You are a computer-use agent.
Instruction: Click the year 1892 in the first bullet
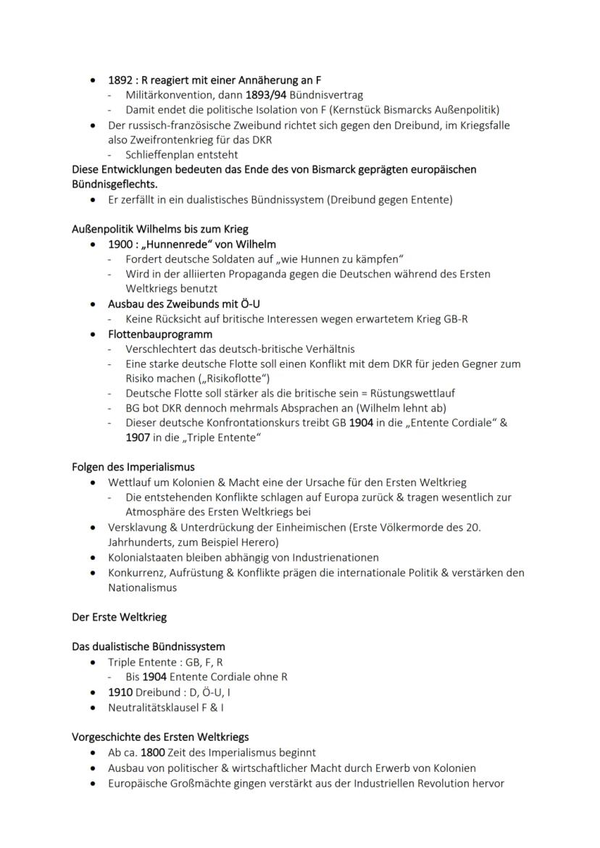[x=120, y=80]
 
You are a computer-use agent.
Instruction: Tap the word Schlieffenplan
[x=160, y=154]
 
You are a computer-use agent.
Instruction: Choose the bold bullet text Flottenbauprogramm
[x=160, y=334]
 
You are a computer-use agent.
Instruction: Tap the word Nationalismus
[x=142, y=587]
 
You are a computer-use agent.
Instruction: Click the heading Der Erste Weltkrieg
[x=118, y=617]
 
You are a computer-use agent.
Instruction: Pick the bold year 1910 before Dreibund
[x=120, y=692]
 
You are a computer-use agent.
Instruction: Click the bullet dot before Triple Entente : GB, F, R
[x=93, y=663]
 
